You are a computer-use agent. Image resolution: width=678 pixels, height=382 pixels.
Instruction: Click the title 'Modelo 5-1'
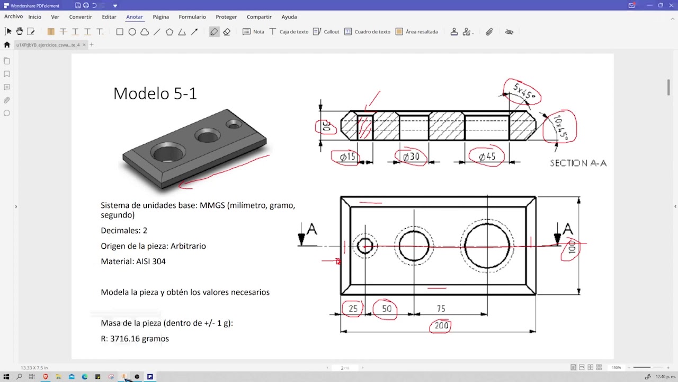(155, 93)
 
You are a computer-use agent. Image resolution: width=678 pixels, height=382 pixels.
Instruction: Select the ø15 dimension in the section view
(347, 157)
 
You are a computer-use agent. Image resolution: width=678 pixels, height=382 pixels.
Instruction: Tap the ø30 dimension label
(411, 157)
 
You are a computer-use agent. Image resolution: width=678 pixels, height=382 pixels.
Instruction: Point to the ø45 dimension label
(486, 157)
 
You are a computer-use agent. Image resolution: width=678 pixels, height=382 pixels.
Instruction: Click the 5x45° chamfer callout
(523, 93)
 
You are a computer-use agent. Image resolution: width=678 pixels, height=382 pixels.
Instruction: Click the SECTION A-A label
(578, 163)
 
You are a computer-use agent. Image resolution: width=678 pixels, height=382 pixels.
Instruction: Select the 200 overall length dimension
(441, 326)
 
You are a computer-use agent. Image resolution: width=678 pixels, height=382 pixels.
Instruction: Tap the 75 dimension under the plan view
(441, 309)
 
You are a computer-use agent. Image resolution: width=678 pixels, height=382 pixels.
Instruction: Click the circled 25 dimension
(353, 309)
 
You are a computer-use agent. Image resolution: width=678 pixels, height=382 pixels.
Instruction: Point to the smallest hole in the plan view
(365, 246)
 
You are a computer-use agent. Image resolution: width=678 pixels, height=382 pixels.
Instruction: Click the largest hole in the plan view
(487, 246)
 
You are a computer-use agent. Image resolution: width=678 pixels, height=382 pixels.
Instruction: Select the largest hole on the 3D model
(167, 153)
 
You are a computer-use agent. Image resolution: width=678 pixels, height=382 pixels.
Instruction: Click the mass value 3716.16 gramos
(139, 338)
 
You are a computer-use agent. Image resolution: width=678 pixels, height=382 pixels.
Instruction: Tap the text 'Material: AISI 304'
(133, 261)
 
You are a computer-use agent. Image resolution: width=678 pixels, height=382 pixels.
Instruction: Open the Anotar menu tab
(134, 17)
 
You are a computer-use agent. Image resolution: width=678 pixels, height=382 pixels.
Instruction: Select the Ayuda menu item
(289, 17)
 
